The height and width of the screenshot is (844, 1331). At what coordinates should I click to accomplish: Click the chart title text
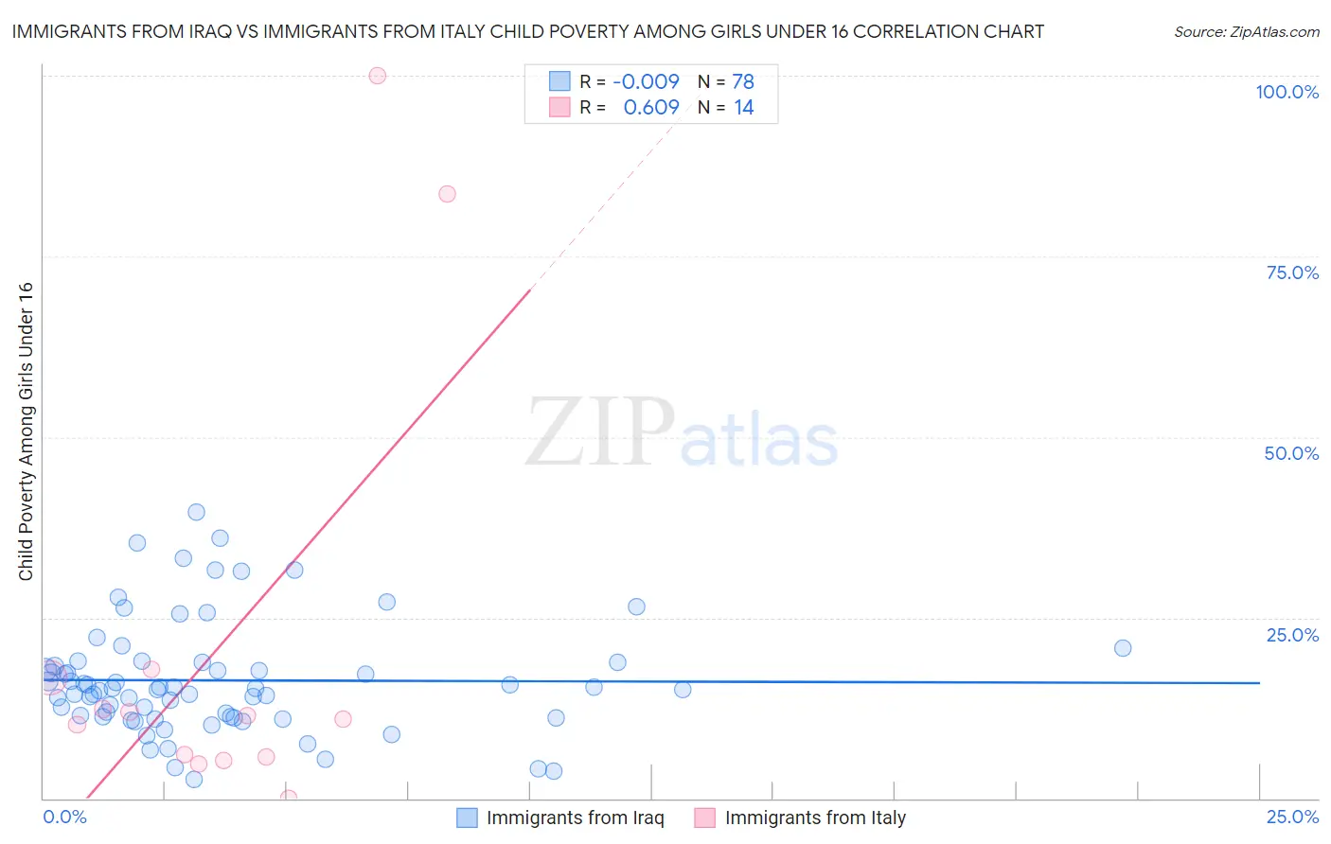pos(527,31)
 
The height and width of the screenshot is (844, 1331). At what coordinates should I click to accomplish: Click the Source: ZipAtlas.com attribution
pos(1246,31)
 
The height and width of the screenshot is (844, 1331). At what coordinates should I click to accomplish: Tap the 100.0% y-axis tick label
pos(1287,92)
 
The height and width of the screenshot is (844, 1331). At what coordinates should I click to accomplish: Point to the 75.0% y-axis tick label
pos(1292,273)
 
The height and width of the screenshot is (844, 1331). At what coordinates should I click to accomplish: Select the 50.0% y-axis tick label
pos(1291,453)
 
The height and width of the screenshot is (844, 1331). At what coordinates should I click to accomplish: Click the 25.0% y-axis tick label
pos(1292,634)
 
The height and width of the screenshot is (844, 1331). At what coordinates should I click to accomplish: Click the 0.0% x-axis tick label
pos(64,817)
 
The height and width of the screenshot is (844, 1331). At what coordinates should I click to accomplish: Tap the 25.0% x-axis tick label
pos(1292,817)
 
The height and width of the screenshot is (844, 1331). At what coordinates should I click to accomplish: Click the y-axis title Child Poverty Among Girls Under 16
pos(26,431)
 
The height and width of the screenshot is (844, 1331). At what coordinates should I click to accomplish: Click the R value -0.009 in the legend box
pos(646,82)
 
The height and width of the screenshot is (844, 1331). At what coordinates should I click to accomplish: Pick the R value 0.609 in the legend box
pos(650,108)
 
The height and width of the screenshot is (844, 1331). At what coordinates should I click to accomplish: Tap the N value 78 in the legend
pos(743,82)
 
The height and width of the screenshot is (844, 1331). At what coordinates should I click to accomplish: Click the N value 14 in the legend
pos(743,108)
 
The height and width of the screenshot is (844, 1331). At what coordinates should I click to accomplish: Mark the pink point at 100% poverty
pos(378,76)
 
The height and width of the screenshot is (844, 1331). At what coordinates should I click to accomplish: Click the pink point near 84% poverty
pos(447,194)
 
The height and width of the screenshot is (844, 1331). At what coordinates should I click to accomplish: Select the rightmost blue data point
pos(1123,648)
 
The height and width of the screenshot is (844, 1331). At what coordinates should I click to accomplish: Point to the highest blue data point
pos(196,512)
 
